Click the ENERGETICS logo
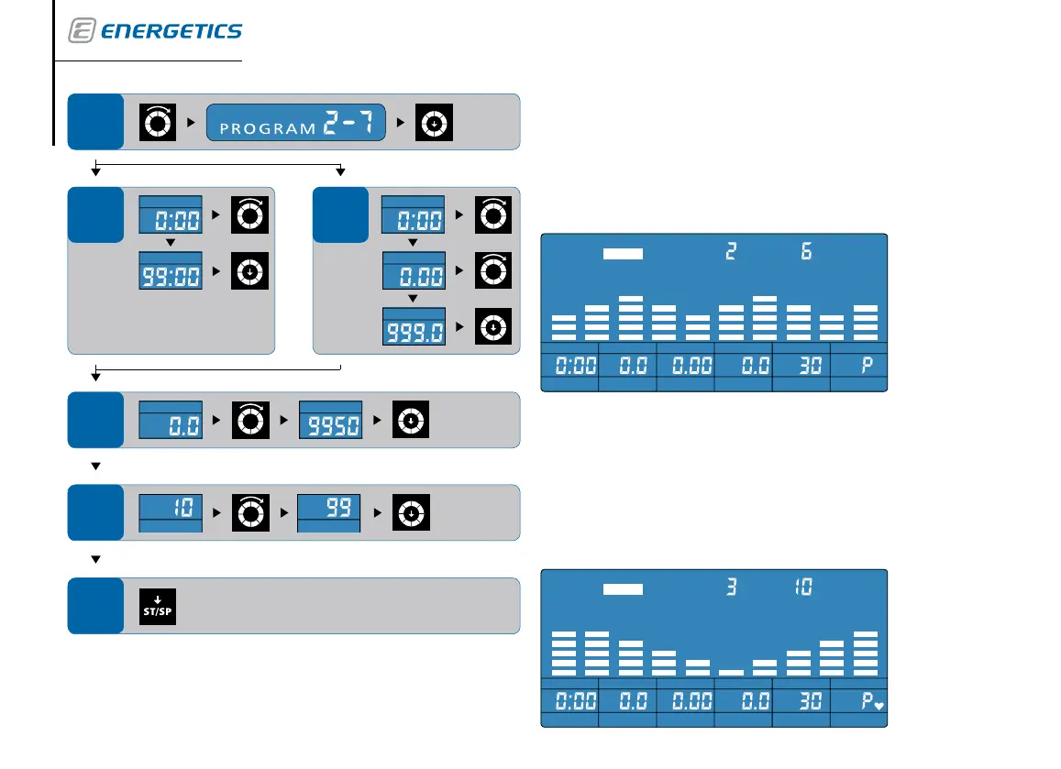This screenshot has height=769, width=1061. pos(156,31)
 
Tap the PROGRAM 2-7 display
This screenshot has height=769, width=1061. pos(295,122)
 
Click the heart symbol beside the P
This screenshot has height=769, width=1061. pos(879,706)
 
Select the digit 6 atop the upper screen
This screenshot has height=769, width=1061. pos(806,251)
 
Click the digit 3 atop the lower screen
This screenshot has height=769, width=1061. pos(731,587)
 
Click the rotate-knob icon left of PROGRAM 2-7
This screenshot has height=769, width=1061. pos(156,122)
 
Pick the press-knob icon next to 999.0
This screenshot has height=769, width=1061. pos(492,327)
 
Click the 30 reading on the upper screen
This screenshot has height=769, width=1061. pos(801,366)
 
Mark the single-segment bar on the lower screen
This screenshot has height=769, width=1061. pos(731,672)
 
